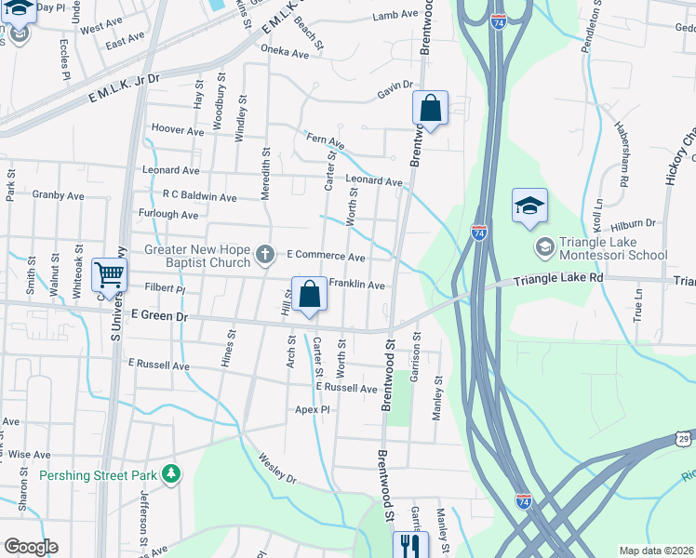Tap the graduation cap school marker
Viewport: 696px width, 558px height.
coord(529,206)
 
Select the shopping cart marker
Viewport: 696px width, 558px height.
coord(110,275)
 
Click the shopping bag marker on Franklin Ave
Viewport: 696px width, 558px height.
coord(310,295)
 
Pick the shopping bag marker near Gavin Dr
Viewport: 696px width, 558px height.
coord(430,108)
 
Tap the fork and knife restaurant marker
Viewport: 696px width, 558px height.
coord(408,545)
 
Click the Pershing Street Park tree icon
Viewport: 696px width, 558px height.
coord(170,474)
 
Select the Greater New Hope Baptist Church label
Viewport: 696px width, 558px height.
coord(198,257)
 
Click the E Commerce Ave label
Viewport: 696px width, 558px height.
coord(326,256)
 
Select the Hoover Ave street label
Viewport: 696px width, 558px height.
coord(177,131)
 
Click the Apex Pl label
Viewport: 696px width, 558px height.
coord(313,409)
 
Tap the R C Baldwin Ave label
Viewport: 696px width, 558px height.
coord(199,197)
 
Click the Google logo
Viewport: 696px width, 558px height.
coord(31,547)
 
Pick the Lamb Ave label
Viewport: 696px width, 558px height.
coord(395,15)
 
